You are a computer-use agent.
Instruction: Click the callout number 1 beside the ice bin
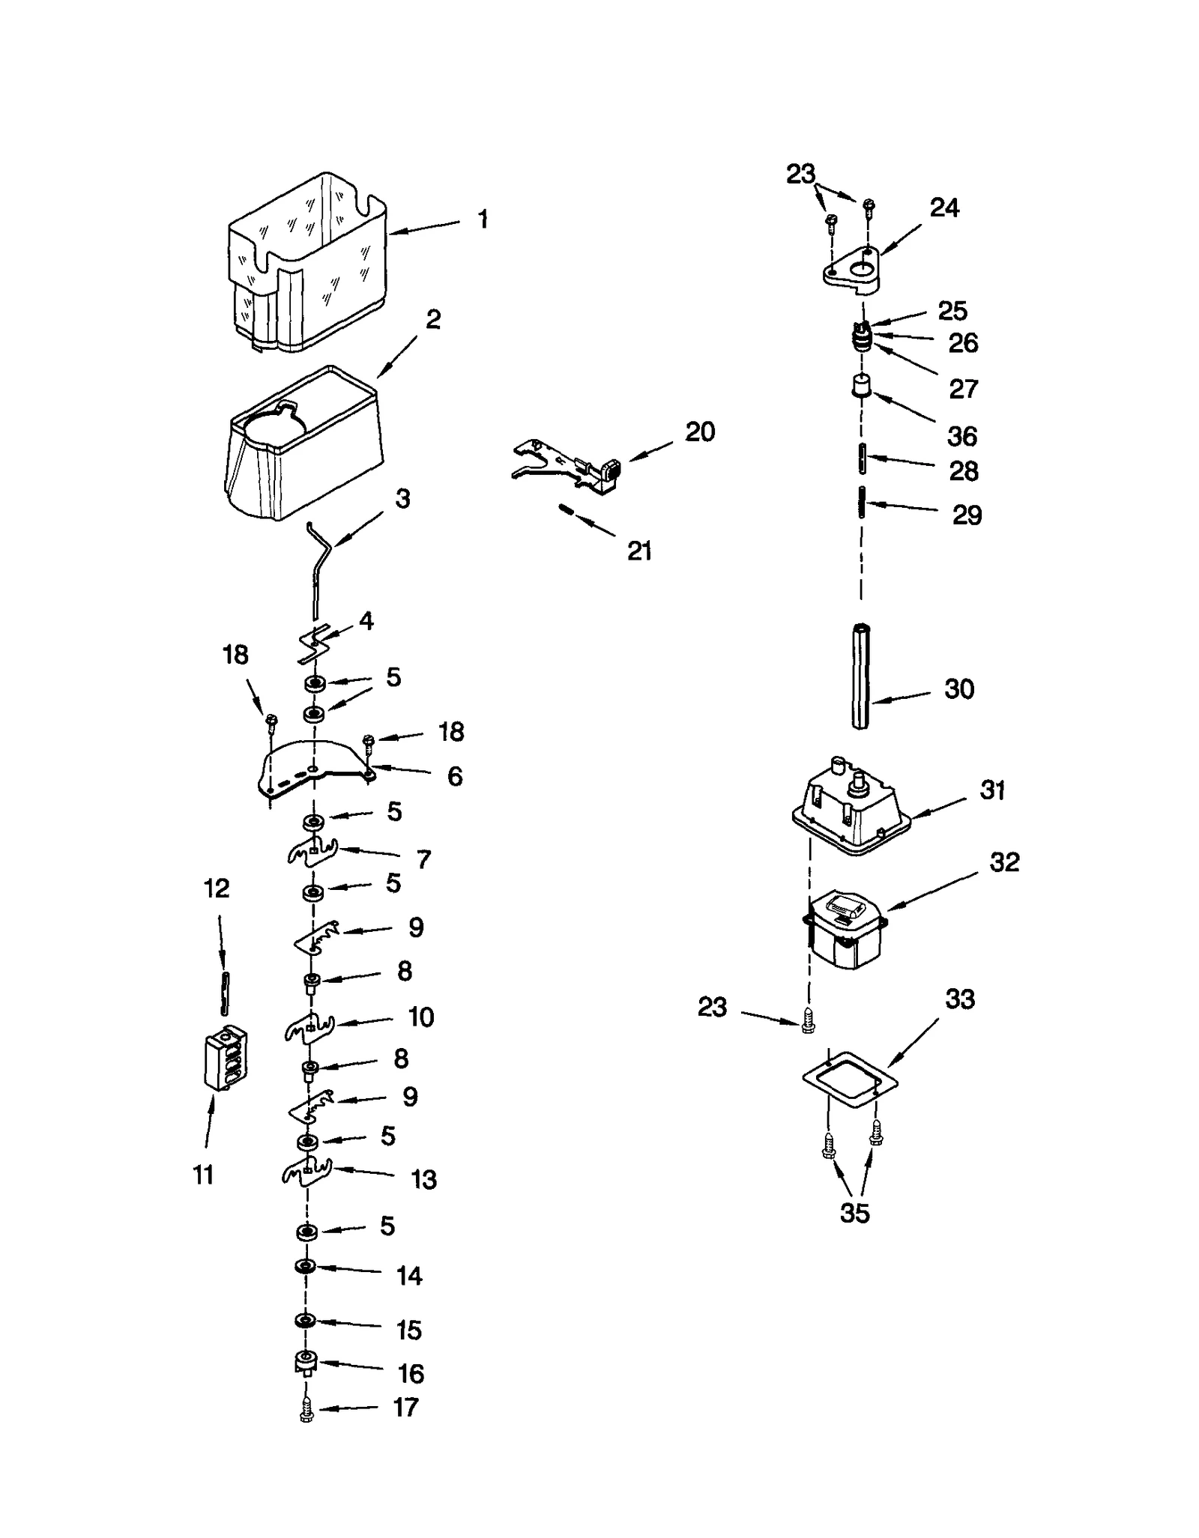point(483,219)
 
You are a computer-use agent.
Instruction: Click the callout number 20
point(700,432)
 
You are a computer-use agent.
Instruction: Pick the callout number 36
point(962,436)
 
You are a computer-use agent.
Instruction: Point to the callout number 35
point(854,1212)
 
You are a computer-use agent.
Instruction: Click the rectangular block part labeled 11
point(226,1057)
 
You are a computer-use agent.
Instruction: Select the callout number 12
point(217,888)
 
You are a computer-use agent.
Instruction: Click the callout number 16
point(411,1373)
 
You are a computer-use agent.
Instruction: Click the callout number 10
point(420,1017)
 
